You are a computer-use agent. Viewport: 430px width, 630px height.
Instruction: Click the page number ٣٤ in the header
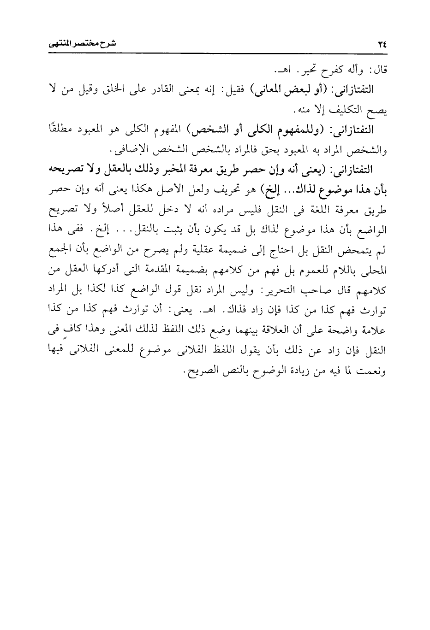(382, 45)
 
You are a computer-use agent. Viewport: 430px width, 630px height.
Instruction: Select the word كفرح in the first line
(332, 71)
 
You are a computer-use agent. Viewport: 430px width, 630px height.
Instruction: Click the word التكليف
(340, 111)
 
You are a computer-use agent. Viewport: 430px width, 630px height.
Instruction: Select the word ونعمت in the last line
(375, 370)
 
